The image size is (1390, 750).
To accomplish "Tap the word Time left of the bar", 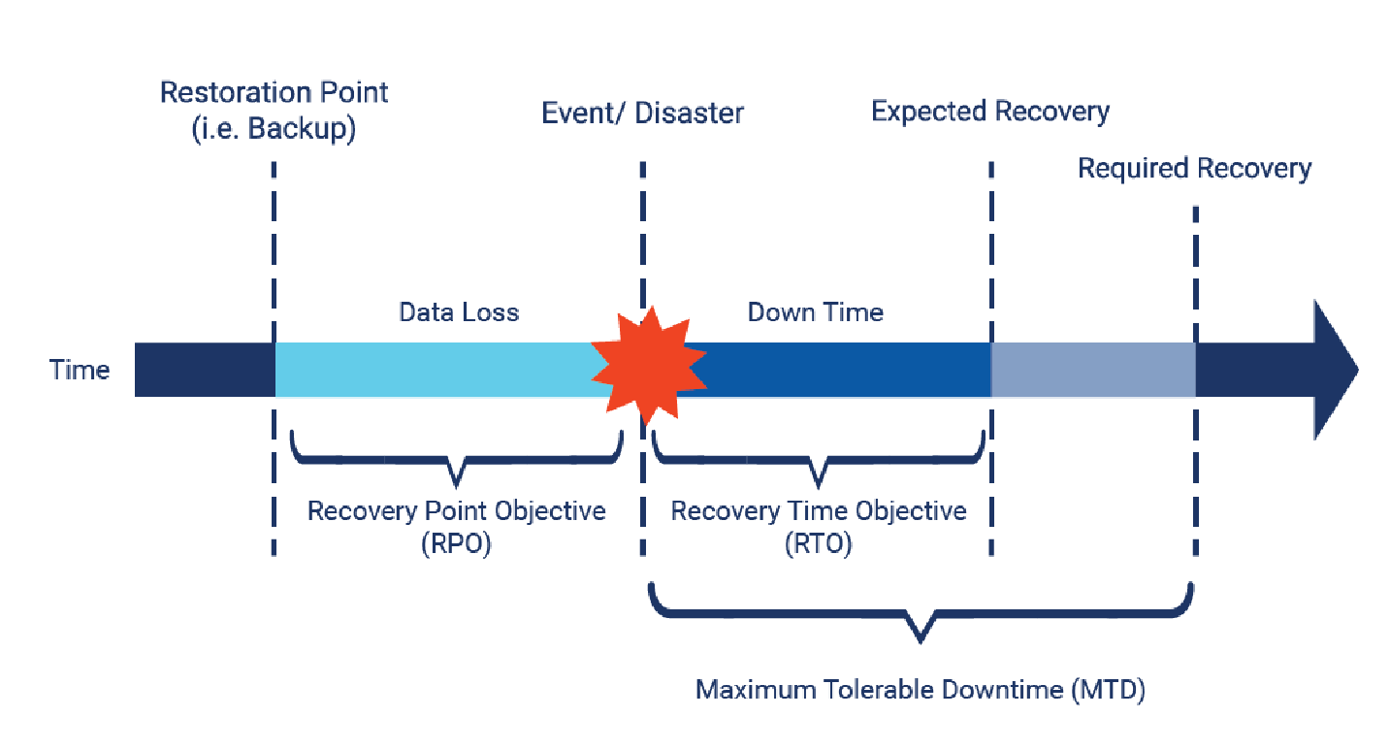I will pyautogui.click(x=81, y=370).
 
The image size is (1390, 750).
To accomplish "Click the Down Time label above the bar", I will pyautogui.click(x=815, y=312).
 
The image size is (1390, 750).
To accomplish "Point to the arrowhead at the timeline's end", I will pyautogui.click(x=1337, y=370).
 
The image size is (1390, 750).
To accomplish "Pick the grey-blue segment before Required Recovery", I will pyautogui.click(x=1092, y=370).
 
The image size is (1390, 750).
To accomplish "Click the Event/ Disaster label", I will pyautogui.click(x=642, y=114).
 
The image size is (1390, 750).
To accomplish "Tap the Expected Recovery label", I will pyautogui.click(x=989, y=112).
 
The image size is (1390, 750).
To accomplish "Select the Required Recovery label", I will pyautogui.click(x=1194, y=169).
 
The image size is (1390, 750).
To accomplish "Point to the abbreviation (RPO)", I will pyautogui.click(x=456, y=544).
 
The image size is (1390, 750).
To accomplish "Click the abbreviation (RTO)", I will pyautogui.click(x=818, y=544).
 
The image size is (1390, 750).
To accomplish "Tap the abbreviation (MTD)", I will pyautogui.click(x=1109, y=691).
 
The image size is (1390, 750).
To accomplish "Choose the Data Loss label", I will pyautogui.click(x=459, y=312).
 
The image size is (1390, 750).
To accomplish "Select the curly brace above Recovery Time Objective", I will pyautogui.click(x=820, y=461).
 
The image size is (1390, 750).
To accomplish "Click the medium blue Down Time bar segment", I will pyautogui.click(x=834, y=370).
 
